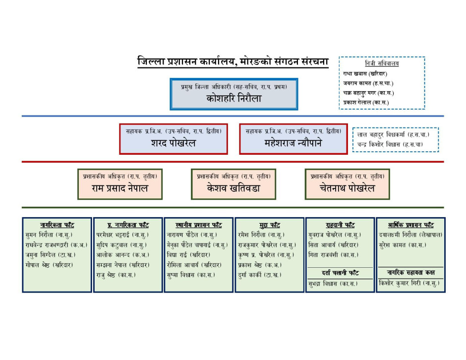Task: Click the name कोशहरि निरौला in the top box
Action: click(x=234, y=98)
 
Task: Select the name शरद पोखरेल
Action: click(x=174, y=143)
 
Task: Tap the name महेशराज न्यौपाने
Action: click(x=293, y=143)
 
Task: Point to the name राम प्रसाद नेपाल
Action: click(x=120, y=188)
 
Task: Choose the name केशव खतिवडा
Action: click(x=233, y=188)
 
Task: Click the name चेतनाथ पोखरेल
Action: click(x=347, y=188)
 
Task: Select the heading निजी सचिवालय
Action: click(x=382, y=63)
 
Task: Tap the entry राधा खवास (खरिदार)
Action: click(x=365, y=73)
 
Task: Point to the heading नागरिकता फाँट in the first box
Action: click(x=57, y=225)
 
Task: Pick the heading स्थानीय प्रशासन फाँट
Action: click(x=198, y=225)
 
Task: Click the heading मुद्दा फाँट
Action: click(x=269, y=225)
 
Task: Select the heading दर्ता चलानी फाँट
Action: click(x=340, y=273)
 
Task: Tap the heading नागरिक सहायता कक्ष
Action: click(x=410, y=272)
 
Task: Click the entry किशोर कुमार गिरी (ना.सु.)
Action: click(x=409, y=283)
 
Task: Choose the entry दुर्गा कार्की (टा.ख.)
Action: click(x=259, y=275)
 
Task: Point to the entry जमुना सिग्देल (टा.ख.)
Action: click(x=51, y=255)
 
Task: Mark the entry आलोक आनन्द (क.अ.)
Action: click(x=123, y=255)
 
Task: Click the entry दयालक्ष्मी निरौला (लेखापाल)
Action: click(x=410, y=235)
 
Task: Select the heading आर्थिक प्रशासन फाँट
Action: click(x=410, y=225)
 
